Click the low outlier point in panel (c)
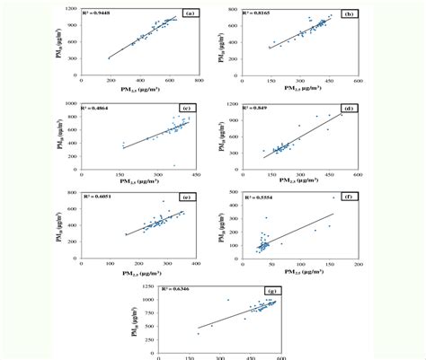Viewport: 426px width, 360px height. [173, 165]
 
